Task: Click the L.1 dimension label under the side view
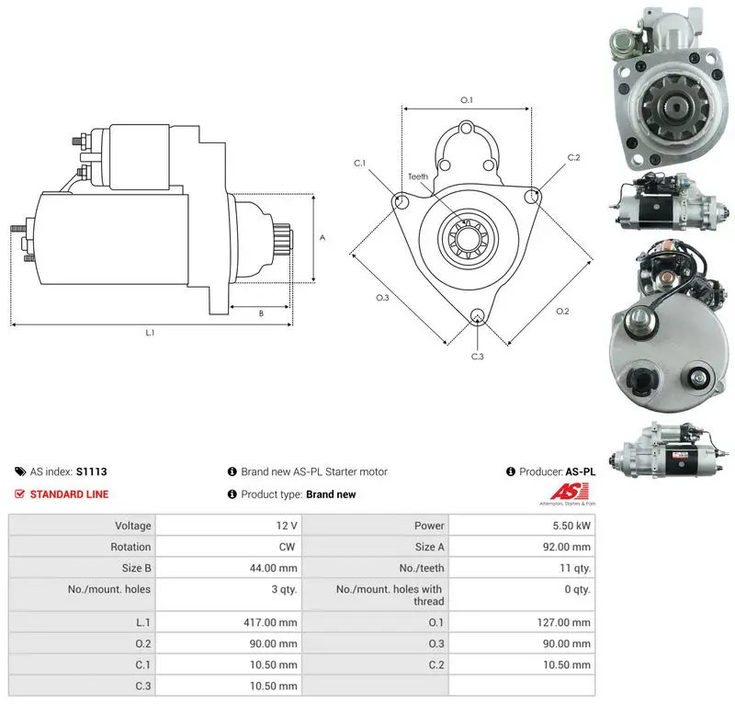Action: click(150, 333)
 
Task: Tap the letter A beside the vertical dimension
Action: click(322, 238)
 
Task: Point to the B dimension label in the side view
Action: click(261, 313)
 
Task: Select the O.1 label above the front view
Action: click(467, 100)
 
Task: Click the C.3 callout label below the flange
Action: click(477, 357)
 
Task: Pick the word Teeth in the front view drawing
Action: click(418, 176)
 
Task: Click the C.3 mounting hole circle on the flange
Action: click(477, 315)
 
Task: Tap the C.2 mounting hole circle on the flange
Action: click(531, 197)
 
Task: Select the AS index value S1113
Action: click(91, 471)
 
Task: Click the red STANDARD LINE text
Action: click(70, 494)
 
